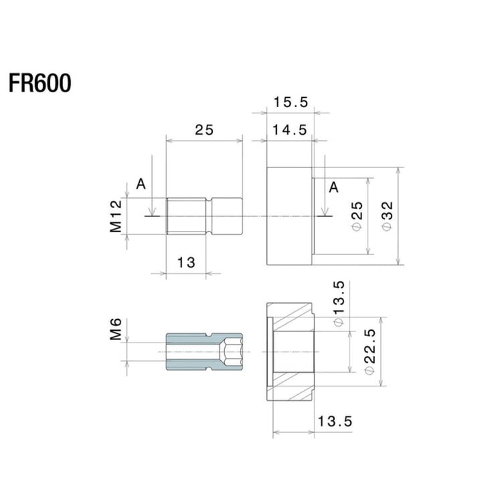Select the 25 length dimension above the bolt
click(x=204, y=131)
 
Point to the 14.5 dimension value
click(x=290, y=131)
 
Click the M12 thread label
click(x=116, y=216)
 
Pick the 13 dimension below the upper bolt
click(x=186, y=262)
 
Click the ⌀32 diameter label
click(x=386, y=216)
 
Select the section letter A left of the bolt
click(x=141, y=183)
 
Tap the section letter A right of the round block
click(x=333, y=187)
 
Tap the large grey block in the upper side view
click(x=289, y=216)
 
